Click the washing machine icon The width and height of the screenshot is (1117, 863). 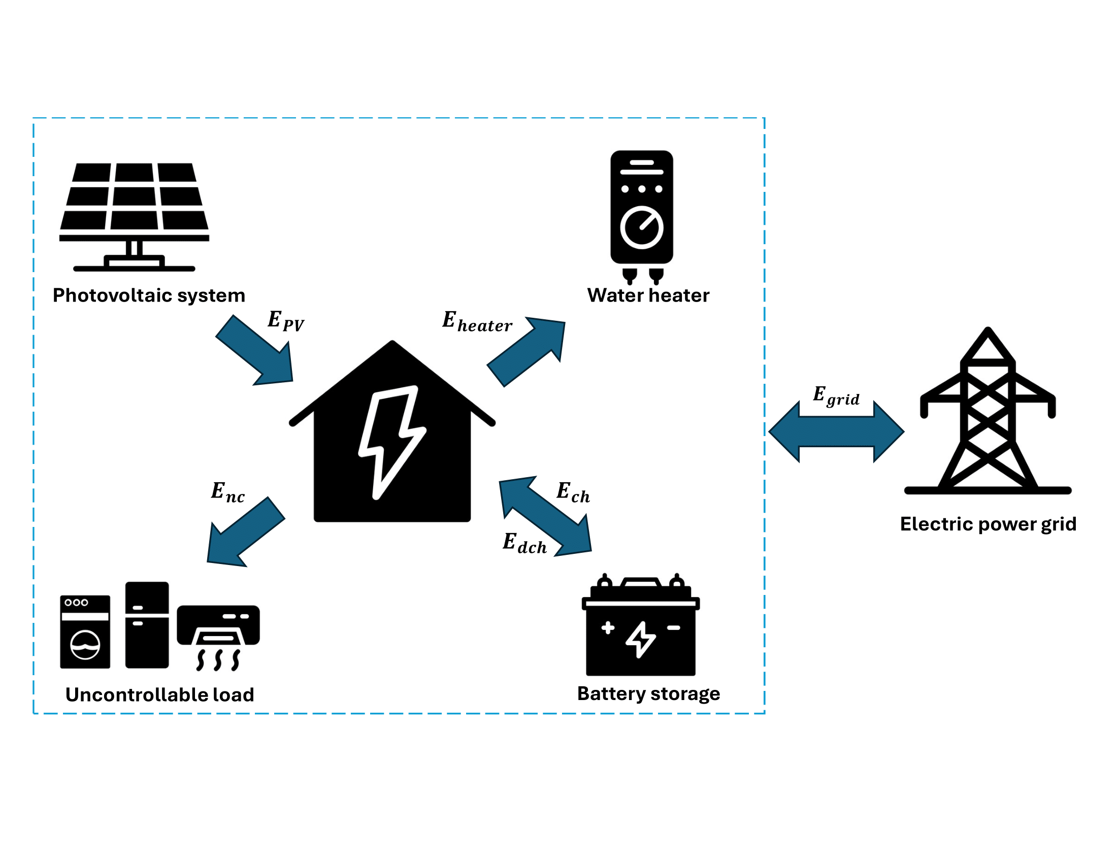click(x=85, y=632)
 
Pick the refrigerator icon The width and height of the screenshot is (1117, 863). click(x=147, y=625)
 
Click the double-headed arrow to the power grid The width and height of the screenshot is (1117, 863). click(x=836, y=432)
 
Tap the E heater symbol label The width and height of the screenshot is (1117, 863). click(x=477, y=322)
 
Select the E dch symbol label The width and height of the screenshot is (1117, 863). click(x=524, y=544)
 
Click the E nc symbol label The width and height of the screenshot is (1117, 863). click(x=227, y=493)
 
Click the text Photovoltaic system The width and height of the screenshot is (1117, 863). click(x=149, y=295)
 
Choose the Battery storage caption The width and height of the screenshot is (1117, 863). click(x=648, y=694)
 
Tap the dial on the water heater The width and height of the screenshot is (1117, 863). click(x=641, y=227)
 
